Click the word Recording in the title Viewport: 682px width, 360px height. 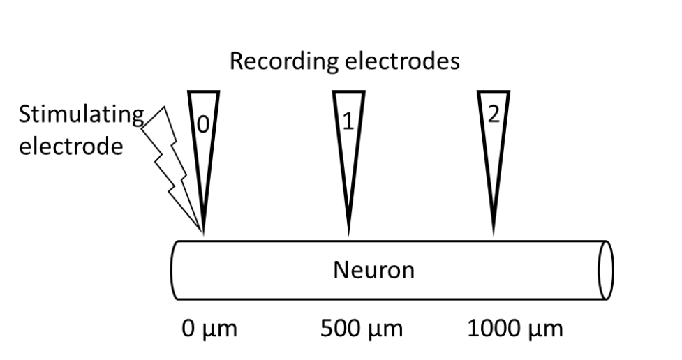(279, 61)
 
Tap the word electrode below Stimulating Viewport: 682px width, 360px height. (66, 148)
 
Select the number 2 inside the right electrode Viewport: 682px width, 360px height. (493, 116)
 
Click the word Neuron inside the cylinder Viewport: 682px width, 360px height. (373, 270)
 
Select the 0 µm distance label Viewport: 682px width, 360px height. (209, 328)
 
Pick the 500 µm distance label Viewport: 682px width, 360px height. (361, 328)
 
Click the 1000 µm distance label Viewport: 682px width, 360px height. (514, 328)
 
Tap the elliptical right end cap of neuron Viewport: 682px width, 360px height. (606, 270)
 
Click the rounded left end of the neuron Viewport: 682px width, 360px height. (173, 270)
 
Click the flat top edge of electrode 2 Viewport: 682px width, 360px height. (494, 93)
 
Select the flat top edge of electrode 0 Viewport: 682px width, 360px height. (203, 93)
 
